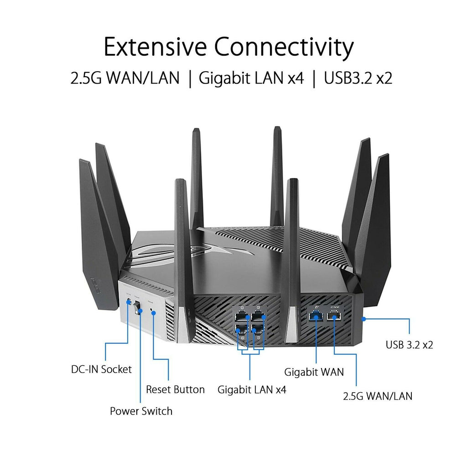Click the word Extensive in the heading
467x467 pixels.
[155, 47]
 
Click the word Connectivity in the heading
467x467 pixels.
[284, 47]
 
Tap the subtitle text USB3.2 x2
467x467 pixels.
[358, 78]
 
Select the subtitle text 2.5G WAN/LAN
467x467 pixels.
[125, 78]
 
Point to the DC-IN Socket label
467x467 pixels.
[101, 369]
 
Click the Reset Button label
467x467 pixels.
[175, 389]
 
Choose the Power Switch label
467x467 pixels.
[141, 411]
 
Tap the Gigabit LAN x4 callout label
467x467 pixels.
[252, 389]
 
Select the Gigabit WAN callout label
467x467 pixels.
[314, 372]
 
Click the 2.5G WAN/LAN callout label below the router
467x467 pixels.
[377, 395]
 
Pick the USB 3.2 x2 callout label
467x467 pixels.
[409, 344]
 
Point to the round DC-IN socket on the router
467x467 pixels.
[128, 303]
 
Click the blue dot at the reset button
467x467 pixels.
[154, 313]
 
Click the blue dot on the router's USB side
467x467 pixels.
[363, 319]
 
